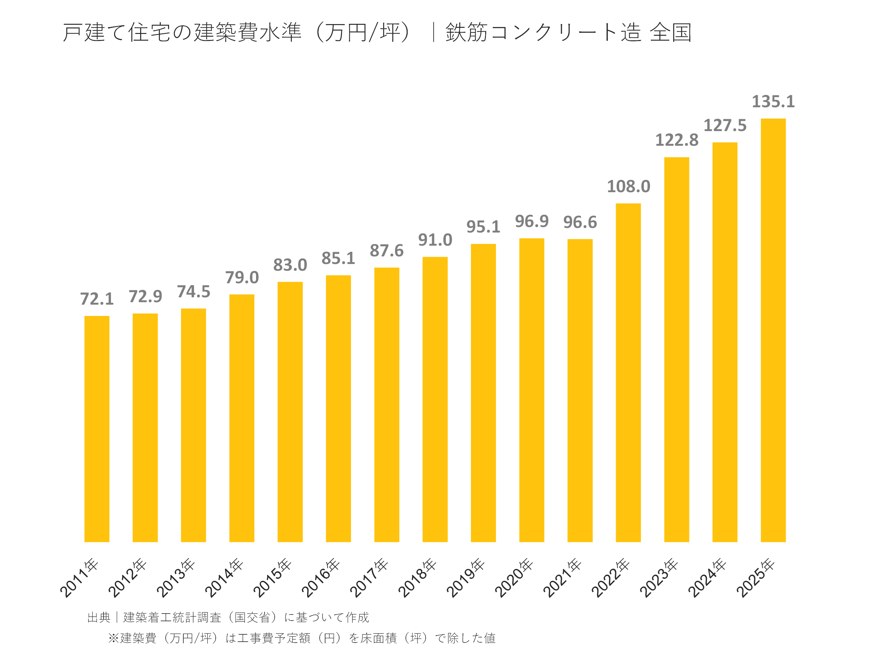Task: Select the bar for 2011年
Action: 97,429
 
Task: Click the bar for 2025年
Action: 773,330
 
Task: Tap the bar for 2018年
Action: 435,399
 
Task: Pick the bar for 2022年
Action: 628,373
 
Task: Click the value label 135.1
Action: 773,101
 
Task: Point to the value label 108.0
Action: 628,187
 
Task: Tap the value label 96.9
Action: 531,221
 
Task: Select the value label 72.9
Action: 145,296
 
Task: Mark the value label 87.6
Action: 386,251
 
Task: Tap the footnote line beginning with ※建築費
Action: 302,638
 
